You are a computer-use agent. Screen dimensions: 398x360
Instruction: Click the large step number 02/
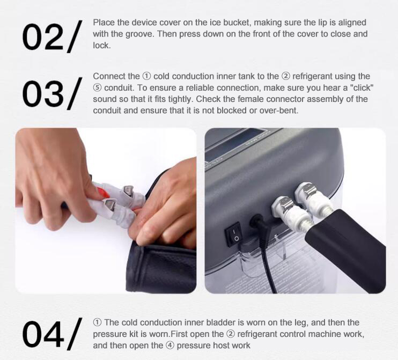52,36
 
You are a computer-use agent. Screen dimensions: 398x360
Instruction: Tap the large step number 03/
52,93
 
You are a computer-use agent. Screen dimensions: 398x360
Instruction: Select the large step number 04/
52,334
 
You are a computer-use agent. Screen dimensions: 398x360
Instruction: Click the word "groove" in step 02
139,34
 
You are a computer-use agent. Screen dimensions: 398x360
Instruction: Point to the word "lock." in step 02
102,46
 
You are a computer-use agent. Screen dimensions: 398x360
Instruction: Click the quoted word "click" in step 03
362,87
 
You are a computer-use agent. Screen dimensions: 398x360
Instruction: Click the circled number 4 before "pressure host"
170,346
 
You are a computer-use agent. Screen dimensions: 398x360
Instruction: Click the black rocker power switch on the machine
233,234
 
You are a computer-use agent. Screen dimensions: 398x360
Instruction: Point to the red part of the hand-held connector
101,193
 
